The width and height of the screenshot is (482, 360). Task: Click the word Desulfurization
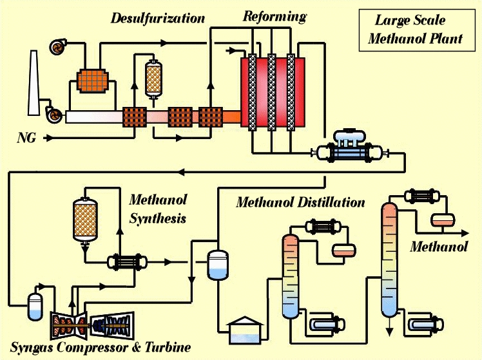click(157, 18)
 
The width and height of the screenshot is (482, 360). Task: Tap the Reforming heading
click(274, 17)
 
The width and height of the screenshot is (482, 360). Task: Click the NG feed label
click(26, 138)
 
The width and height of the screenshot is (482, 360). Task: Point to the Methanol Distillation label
click(300, 202)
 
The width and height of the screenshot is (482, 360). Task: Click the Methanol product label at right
click(438, 247)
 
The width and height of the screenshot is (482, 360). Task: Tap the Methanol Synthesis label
click(157, 209)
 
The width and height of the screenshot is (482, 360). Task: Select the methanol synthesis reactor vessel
click(85, 219)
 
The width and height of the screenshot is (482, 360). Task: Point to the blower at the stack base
click(55, 115)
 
